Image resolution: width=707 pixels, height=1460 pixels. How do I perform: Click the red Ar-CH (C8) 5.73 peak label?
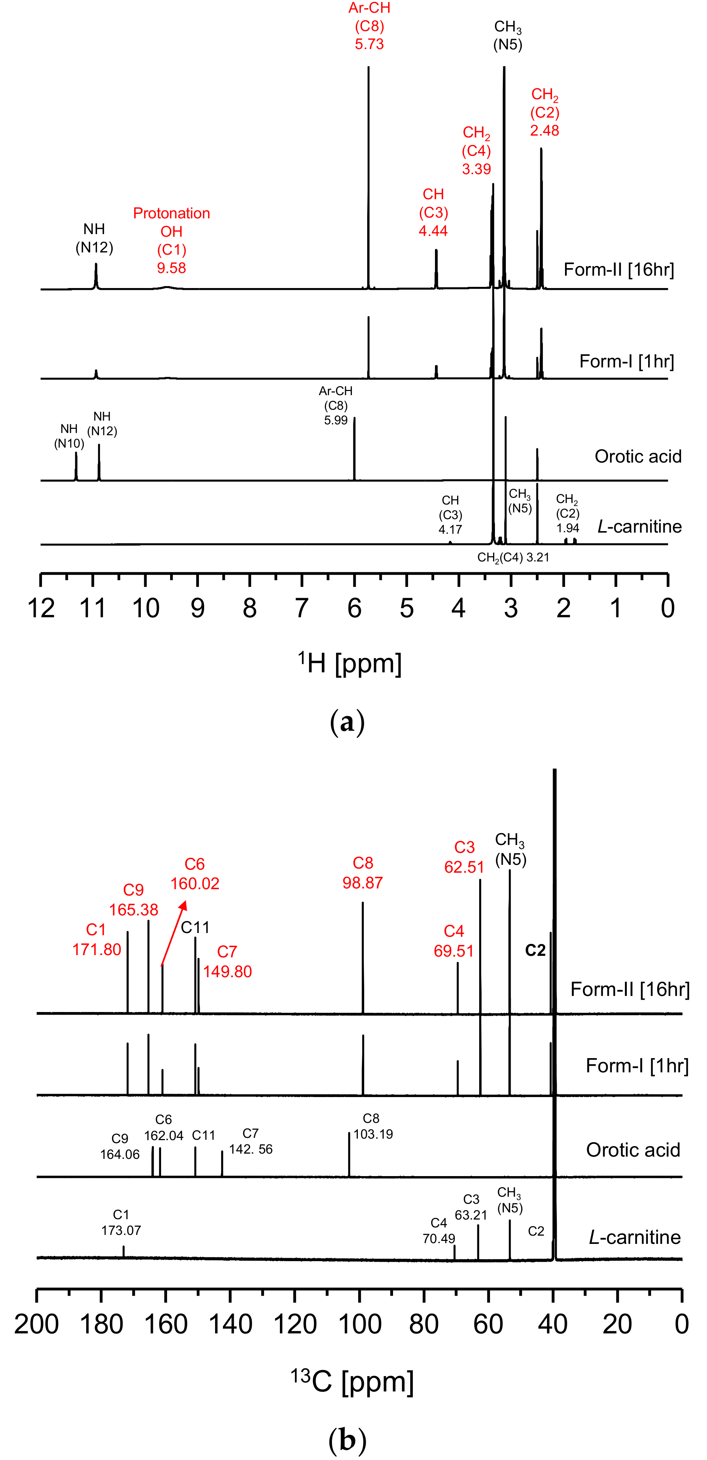pos(369,26)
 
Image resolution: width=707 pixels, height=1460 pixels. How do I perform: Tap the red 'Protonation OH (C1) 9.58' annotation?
pos(171,240)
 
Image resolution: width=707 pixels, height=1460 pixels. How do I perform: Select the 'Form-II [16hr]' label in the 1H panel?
pos(619,269)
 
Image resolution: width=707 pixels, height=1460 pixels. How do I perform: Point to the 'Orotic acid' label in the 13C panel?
pos(633,1149)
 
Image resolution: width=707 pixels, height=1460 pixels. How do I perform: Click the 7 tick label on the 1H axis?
pos(302,609)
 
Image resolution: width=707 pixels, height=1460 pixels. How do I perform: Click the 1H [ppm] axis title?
pos(350,663)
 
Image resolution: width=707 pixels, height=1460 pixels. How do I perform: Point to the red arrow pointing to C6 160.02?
pos(173,932)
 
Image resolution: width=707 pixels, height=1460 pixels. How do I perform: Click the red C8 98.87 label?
pos(363,873)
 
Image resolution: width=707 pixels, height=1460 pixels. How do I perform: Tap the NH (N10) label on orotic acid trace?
pos(69,436)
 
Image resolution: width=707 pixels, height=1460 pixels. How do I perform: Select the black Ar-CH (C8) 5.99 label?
pos(336,405)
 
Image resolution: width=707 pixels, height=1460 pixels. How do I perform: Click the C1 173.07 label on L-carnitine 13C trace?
pos(121,1223)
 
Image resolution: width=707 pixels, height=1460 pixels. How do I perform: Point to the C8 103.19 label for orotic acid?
pos(372,1126)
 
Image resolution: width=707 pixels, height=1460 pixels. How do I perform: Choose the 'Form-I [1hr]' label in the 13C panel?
pos(637,1066)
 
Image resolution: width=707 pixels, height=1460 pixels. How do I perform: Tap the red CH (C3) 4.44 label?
pos(433,212)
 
